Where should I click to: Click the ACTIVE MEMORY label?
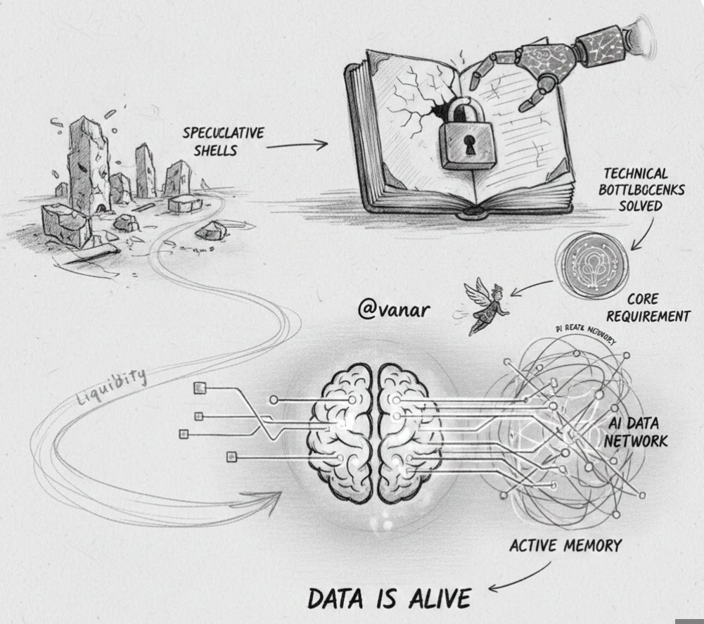pos(565,545)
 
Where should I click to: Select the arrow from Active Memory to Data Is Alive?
pos(518,578)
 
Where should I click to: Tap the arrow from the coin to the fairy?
pos(533,287)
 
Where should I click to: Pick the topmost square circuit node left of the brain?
pos(200,387)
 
